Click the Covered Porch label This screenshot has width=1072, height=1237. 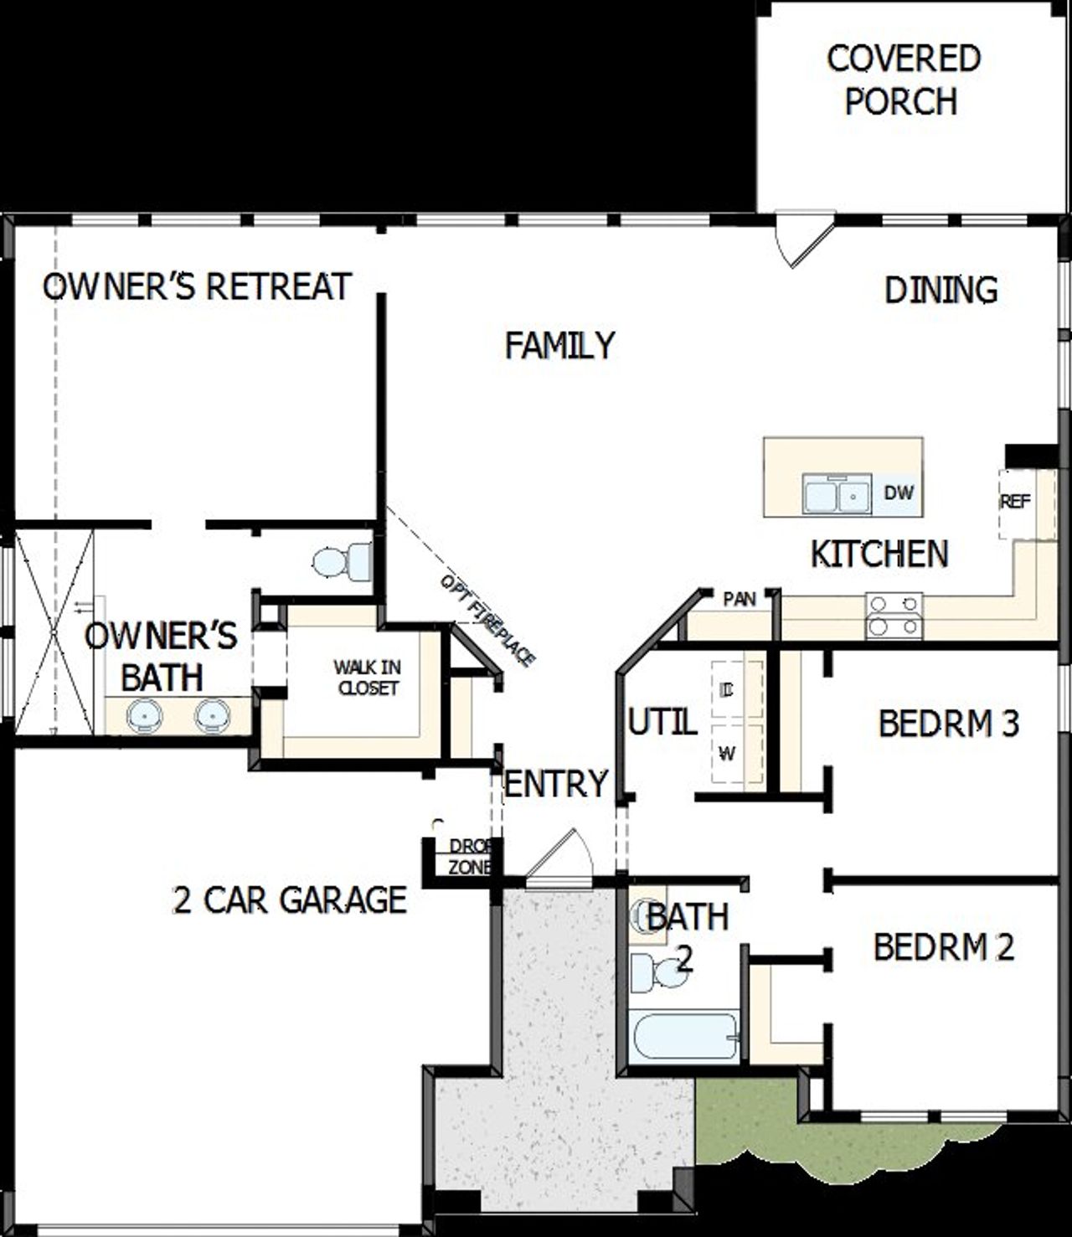pos(903,80)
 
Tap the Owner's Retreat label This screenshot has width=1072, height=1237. pos(197,286)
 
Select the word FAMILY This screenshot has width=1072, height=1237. pos(559,345)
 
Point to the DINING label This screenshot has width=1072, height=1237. pos(941,290)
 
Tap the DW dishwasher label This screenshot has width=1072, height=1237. pos(899,492)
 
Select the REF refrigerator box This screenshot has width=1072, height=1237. pos(1016,503)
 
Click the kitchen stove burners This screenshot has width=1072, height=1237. pos(894,616)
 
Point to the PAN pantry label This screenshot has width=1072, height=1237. pos(740,599)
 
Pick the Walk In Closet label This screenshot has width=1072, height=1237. pos(367,678)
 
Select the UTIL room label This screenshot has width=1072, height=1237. pos(662,722)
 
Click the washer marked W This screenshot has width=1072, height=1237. pos(728,754)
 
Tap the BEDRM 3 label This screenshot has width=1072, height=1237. pos(948,724)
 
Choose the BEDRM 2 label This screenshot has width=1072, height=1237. pos(943,947)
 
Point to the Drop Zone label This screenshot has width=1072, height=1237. pos(470,857)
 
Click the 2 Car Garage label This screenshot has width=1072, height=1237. pos(290,899)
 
